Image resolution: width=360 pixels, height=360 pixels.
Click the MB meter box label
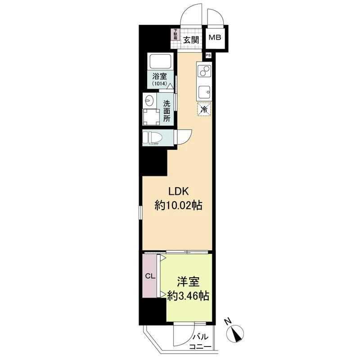(215, 37)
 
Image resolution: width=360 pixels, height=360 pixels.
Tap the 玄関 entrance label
(191, 40)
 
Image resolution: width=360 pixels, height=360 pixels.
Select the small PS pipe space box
(208, 55)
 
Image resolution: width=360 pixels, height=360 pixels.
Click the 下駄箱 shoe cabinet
(175, 34)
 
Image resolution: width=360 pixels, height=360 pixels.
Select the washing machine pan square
(151, 117)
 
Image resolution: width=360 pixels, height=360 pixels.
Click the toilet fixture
(152, 138)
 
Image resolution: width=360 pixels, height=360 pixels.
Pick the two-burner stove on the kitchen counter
(204, 71)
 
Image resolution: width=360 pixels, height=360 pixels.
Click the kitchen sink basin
(205, 92)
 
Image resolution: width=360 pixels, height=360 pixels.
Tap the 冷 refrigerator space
(204, 109)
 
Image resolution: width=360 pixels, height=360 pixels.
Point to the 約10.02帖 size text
(178, 205)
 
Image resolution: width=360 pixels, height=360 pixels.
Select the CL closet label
(150, 276)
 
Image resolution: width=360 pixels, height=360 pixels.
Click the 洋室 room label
(188, 282)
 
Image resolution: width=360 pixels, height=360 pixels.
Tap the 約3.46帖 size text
(188, 296)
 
